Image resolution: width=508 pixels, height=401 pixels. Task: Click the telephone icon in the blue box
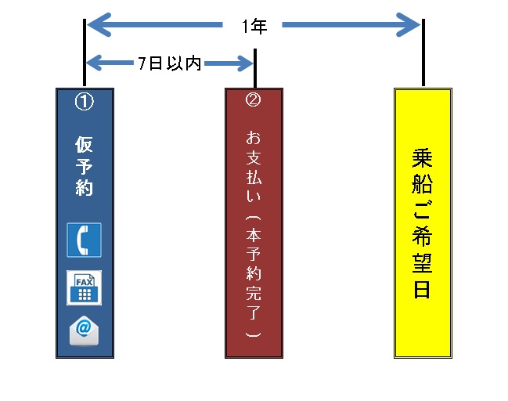pos(84,240)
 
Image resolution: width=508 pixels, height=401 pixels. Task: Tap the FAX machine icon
pos(84,287)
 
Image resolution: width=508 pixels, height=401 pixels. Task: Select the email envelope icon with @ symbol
pos(84,330)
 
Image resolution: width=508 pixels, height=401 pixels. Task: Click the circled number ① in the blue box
pos(84,102)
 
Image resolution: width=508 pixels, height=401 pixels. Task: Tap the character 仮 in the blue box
pos(84,145)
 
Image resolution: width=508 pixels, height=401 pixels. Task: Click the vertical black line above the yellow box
pos(423,55)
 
